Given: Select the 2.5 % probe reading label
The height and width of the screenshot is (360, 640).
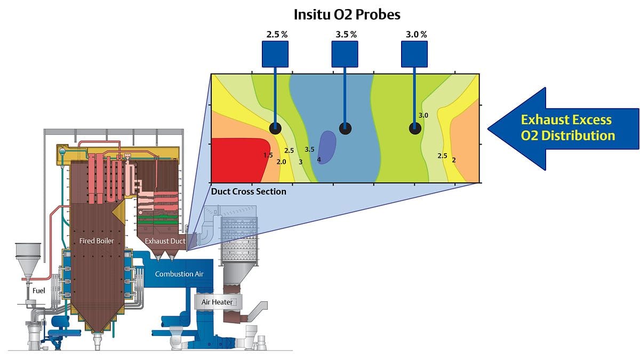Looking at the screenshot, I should [x=277, y=35].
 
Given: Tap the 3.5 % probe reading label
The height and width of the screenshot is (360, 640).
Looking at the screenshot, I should [x=346, y=35].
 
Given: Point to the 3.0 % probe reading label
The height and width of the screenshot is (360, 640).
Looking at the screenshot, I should [x=417, y=35].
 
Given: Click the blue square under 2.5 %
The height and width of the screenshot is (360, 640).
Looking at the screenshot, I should [x=276, y=54].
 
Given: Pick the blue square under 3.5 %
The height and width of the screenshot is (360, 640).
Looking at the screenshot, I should [x=345, y=54].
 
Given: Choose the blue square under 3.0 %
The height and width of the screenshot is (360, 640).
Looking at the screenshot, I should [x=414, y=54].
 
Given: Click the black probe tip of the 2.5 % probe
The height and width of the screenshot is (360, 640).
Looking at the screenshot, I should [x=276, y=127].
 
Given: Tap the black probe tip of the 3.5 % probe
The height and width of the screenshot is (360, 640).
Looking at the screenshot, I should [x=346, y=128].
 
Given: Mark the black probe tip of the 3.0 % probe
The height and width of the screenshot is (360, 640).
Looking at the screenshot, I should [x=414, y=128].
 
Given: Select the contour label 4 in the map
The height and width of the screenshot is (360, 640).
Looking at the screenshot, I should [x=319, y=159].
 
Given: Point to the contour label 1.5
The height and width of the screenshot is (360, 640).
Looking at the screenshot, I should [x=268, y=155].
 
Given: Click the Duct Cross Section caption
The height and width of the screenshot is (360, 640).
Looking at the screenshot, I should [x=249, y=191].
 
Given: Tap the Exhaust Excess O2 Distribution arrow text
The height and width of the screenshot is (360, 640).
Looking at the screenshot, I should [x=566, y=127].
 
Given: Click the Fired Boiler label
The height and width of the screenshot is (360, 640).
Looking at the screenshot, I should [x=97, y=241].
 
